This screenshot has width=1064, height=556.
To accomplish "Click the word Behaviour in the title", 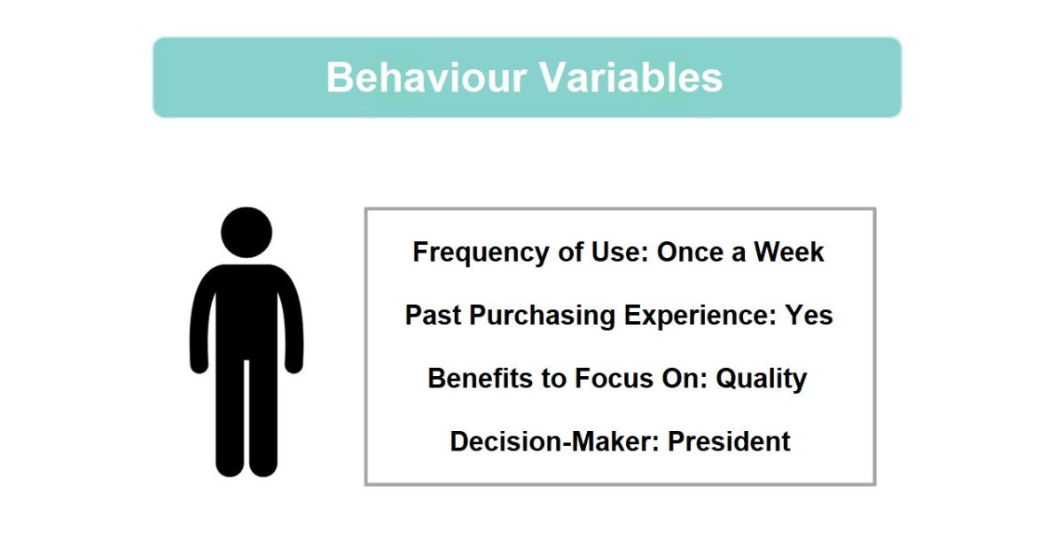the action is pos(426,77).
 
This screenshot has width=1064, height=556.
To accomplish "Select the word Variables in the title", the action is pos(630,77).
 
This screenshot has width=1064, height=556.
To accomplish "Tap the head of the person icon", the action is pos(246,232).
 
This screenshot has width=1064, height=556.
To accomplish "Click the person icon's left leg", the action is pos(231,419).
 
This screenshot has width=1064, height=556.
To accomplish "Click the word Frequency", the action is pos(481,252).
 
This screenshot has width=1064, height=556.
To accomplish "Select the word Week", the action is pos(788,251).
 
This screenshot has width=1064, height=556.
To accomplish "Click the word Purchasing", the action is pos(542,316).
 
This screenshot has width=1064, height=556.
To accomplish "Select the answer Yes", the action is pos(809,315).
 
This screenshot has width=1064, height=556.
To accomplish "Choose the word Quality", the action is pos(762,380).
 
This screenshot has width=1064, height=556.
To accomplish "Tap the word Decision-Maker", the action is pos(555,442).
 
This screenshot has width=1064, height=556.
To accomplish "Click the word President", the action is pos(729,442).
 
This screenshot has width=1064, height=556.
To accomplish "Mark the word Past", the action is pos(433,315).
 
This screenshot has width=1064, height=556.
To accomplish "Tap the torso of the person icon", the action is pos(246,314).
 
